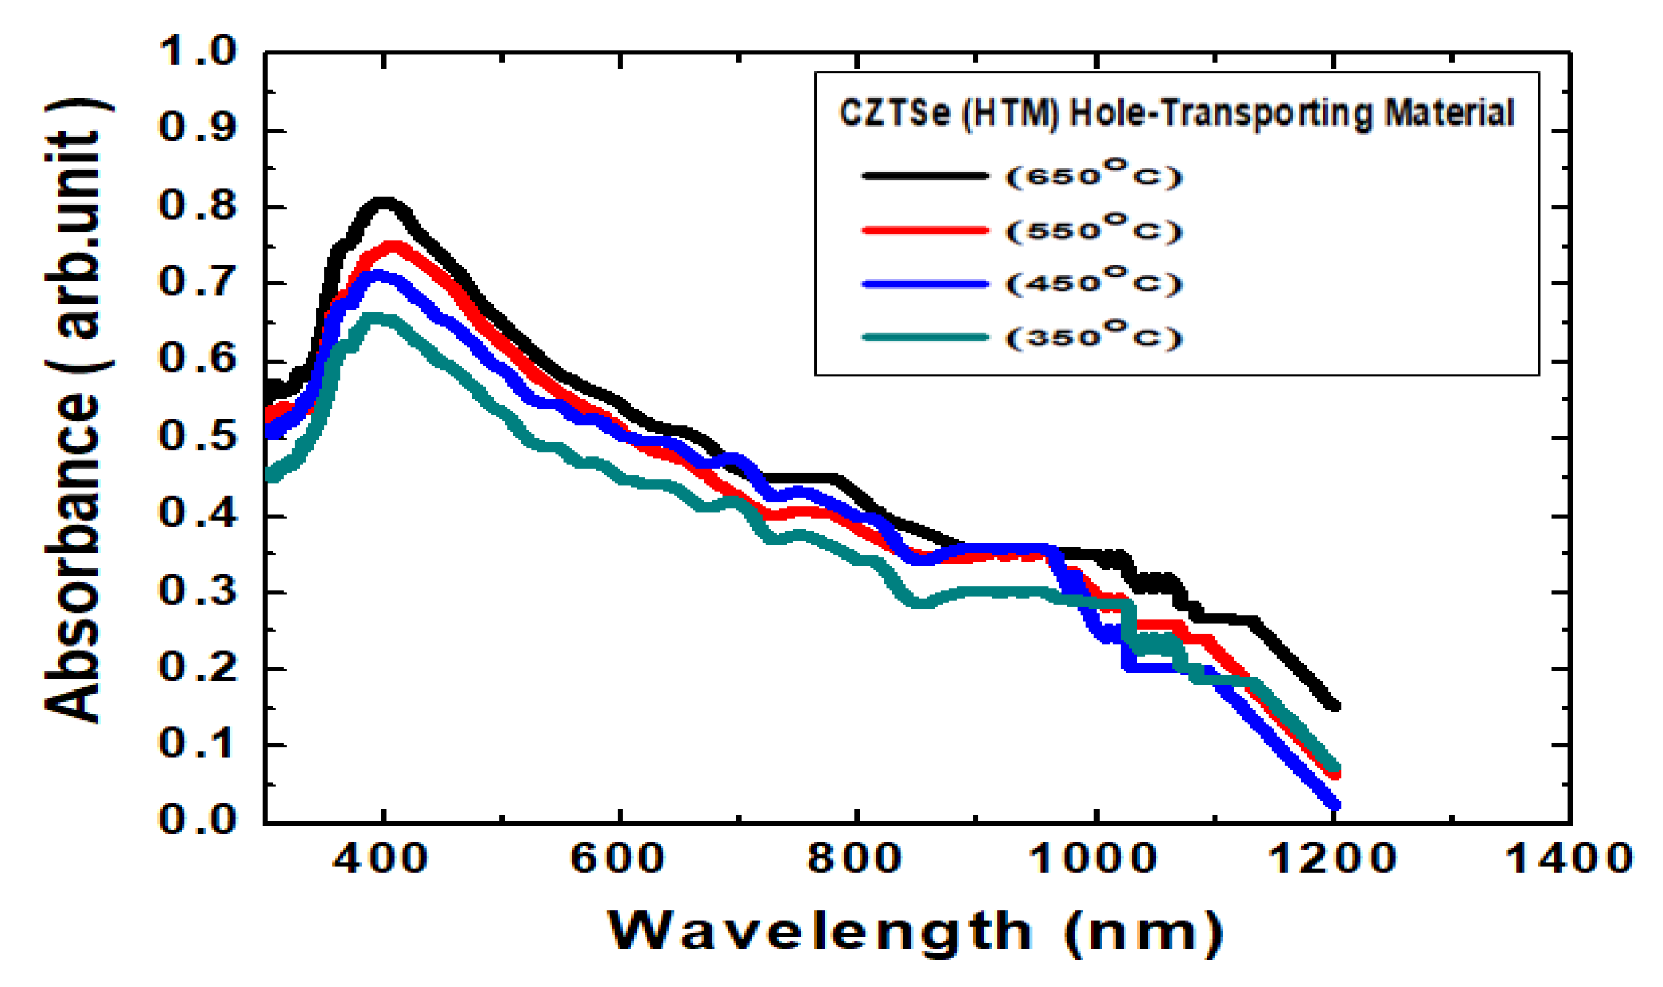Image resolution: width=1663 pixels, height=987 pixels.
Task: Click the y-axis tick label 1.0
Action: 198,52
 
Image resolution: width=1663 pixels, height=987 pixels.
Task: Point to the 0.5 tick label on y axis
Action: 198,438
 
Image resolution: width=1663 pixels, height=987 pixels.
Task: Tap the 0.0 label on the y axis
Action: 198,820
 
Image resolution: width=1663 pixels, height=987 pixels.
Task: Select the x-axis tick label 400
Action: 380,860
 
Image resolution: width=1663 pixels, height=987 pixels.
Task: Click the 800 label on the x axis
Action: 855,860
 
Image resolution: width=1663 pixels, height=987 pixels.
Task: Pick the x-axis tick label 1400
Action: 1569,860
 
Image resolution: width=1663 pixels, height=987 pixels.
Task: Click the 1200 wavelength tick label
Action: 1332,860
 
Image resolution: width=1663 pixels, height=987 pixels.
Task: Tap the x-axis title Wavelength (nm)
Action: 915,932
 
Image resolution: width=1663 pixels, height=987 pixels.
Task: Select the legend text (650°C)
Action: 1093,176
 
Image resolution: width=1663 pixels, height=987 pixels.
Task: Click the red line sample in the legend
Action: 925,230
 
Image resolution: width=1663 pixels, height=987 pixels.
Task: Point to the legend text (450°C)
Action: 1093,283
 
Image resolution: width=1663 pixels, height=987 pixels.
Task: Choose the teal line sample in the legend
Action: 925,337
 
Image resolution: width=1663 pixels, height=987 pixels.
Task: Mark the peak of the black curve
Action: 383,202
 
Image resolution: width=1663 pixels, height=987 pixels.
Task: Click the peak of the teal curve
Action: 375,317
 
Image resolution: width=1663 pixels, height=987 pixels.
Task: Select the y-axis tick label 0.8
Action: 198,206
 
